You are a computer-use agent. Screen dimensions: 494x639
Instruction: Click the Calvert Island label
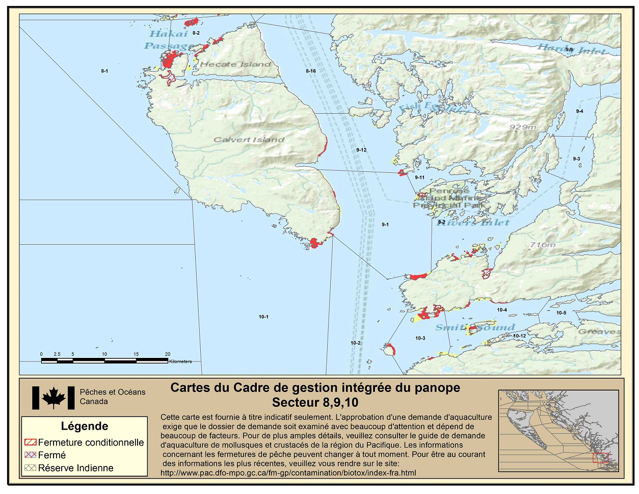249,140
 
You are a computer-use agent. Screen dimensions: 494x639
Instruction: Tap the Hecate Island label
235,64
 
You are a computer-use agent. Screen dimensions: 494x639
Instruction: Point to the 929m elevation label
522,127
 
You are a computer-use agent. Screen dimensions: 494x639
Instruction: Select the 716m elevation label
542,245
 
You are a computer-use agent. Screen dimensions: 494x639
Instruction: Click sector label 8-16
311,71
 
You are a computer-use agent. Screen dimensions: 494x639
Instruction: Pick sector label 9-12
361,150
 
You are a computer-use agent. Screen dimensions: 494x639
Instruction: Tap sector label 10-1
263,317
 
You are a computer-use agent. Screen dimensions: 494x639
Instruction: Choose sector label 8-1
104,71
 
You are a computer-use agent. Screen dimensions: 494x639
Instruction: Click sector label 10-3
420,339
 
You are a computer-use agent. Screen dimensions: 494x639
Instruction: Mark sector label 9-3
576,159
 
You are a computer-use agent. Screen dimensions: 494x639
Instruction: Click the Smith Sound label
475,327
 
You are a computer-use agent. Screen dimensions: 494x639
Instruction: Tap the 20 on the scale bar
168,354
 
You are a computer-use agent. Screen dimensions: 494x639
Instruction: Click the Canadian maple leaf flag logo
53,398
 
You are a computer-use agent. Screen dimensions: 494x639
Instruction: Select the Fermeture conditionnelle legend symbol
31,443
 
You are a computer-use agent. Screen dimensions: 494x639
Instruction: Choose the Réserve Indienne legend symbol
31,468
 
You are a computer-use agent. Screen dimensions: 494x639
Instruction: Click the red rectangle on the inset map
600,457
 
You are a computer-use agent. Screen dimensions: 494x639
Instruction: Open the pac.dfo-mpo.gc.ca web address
288,473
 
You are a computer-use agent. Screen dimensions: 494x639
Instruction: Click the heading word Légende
85,426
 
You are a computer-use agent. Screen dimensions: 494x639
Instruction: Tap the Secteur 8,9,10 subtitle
315,403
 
